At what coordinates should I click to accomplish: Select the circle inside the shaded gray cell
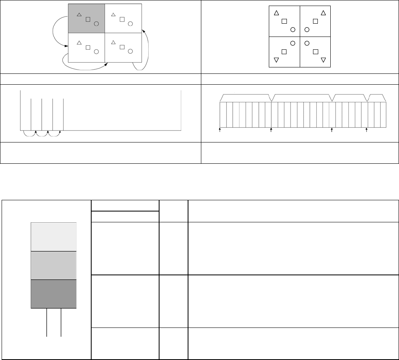click(x=96, y=24)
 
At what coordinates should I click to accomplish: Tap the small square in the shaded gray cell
click(x=88, y=19)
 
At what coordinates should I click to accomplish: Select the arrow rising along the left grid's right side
click(x=147, y=48)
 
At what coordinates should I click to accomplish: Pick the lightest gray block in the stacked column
click(x=53, y=237)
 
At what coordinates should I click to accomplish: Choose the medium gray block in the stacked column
click(x=53, y=265)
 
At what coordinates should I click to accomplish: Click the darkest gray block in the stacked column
click(x=53, y=294)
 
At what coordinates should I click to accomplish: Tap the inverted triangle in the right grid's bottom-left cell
click(x=276, y=60)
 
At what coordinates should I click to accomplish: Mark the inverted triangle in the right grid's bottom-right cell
click(x=323, y=60)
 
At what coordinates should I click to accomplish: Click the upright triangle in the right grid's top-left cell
click(x=276, y=13)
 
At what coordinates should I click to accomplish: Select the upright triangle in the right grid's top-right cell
click(x=323, y=13)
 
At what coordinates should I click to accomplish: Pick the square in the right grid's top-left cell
click(x=284, y=21)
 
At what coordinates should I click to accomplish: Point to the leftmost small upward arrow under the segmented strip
click(x=220, y=130)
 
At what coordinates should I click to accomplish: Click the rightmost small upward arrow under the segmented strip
click(x=366, y=130)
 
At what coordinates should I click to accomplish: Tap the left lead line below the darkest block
click(x=47, y=322)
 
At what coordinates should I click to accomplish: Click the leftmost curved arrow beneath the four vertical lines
click(x=29, y=134)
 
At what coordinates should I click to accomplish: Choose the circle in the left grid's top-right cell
click(x=130, y=24)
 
